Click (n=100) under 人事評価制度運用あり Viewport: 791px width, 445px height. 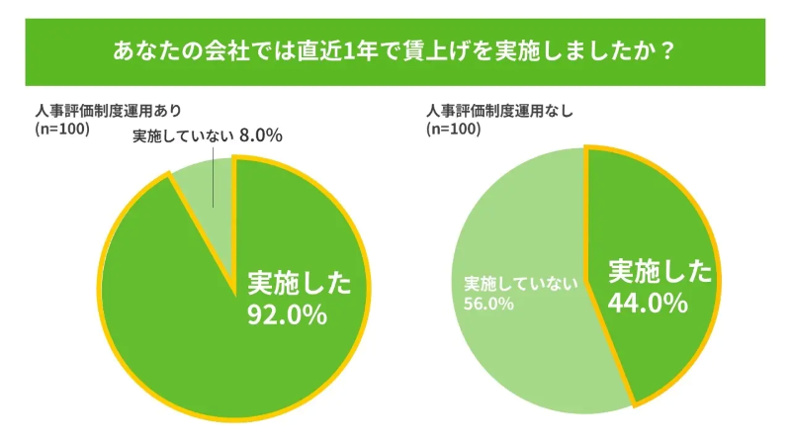(x=62, y=129)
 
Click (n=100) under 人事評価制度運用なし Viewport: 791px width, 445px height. (x=453, y=129)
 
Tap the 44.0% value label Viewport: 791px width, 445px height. (x=647, y=303)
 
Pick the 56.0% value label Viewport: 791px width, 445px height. (x=488, y=304)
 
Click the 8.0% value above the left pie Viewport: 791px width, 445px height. (x=261, y=135)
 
